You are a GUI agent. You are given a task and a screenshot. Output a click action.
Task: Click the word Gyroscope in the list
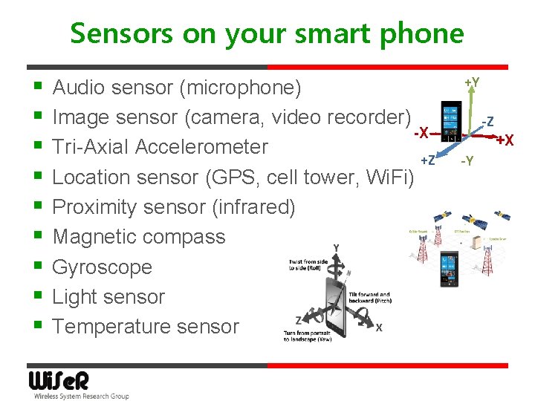tap(102, 267)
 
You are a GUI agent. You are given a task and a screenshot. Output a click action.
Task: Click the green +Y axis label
tap(471, 81)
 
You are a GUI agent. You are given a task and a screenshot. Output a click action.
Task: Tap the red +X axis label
tap(505, 140)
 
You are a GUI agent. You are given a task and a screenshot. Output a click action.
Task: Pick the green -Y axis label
tap(467, 161)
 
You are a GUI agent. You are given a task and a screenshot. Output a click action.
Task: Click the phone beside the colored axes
tap(450, 121)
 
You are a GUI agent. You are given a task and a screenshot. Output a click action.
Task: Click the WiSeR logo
tap(59, 381)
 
